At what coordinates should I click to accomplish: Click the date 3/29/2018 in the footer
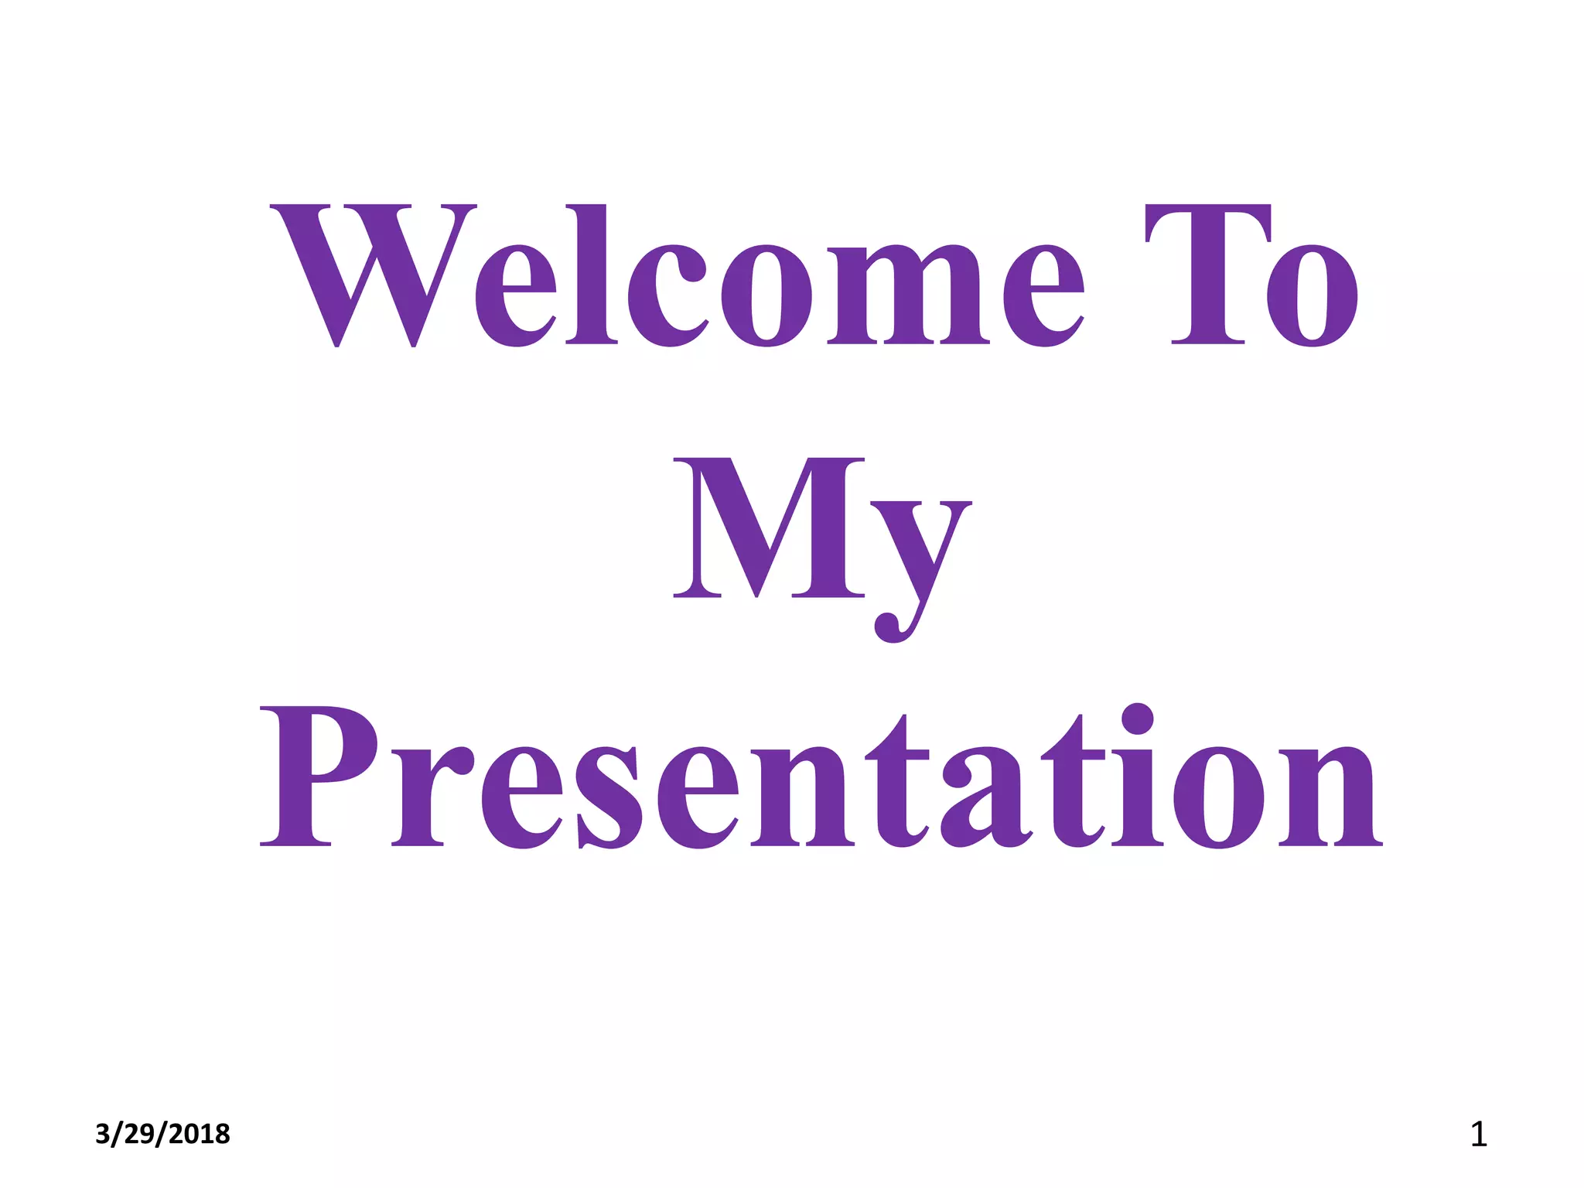click(162, 1134)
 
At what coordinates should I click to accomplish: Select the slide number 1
click(1478, 1135)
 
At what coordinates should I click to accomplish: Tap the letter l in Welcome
click(592, 275)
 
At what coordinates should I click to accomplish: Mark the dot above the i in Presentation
click(1137, 719)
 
